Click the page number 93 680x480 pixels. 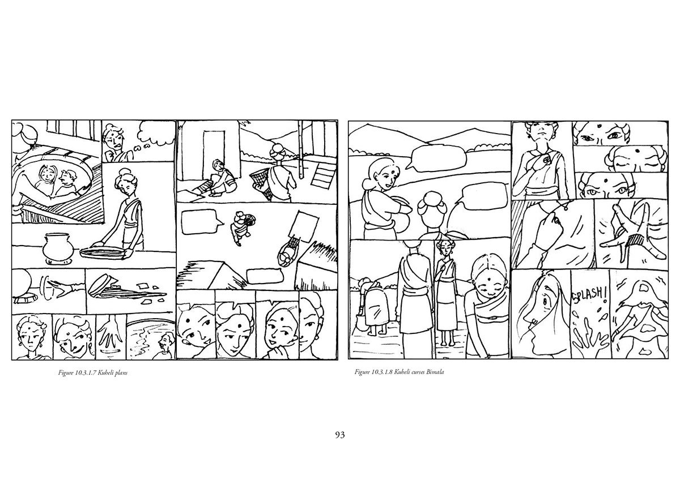coord(339,435)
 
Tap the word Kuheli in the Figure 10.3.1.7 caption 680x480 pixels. coord(106,372)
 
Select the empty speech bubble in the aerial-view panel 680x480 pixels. coord(201,222)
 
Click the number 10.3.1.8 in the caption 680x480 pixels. coord(382,372)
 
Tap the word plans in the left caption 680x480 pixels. coord(121,372)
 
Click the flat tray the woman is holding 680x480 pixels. coord(103,252)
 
